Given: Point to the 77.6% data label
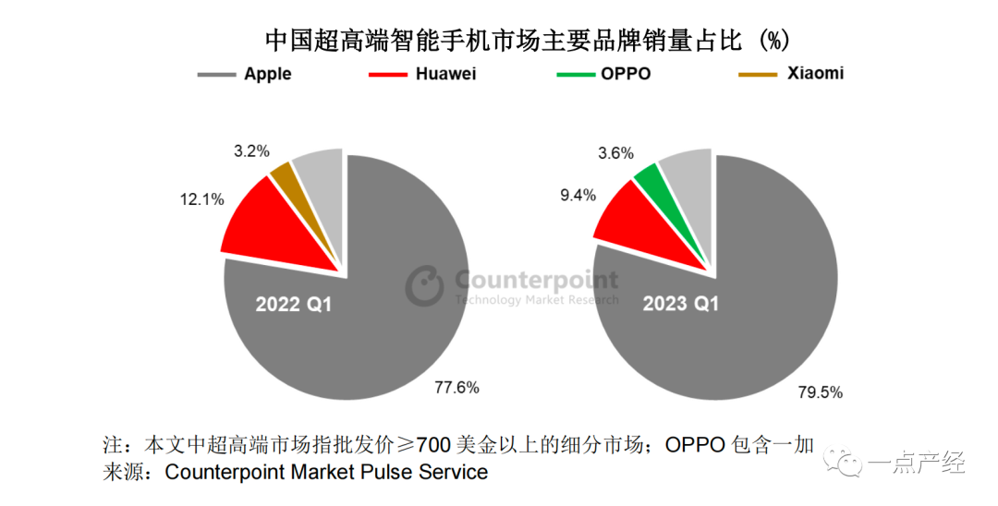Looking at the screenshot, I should click(456, 388).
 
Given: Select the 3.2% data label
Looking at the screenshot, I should click(250, 151).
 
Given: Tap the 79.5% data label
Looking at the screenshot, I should click(820, 392).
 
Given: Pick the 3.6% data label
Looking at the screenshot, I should click(615, 152).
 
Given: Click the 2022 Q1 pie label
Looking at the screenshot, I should click(293, 304).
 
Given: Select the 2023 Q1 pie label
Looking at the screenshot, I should click(681, 304).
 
